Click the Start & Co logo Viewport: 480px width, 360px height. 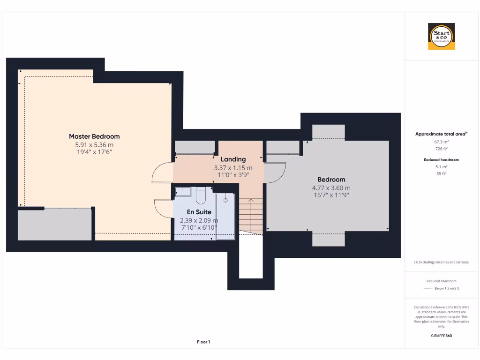[x=441, y=37]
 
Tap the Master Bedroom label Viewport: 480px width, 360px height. [x=94, y=136]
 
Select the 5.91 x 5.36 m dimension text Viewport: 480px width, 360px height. [x=94, y=144]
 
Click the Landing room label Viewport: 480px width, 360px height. [x=233, y=159]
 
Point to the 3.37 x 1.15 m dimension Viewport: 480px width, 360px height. [x=233, y=167]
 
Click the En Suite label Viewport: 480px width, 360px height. [x=199, y=212]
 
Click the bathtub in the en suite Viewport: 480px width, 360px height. [x=225, y=216]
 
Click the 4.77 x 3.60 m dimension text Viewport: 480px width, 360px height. [x=331, y=187]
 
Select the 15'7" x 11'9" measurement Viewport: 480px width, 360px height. [x=331, y=195]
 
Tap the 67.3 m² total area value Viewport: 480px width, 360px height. [x=441, y=142]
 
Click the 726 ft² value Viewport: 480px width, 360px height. [x=441, y=149]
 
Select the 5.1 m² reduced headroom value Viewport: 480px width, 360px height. [x=441, y=166]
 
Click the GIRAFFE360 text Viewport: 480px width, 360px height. [x=441, y=336]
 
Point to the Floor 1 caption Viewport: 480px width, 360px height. [x=203, y=342]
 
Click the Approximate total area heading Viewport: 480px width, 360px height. [x=440, y=134]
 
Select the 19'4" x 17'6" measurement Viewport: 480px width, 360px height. [x=94, y=152]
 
